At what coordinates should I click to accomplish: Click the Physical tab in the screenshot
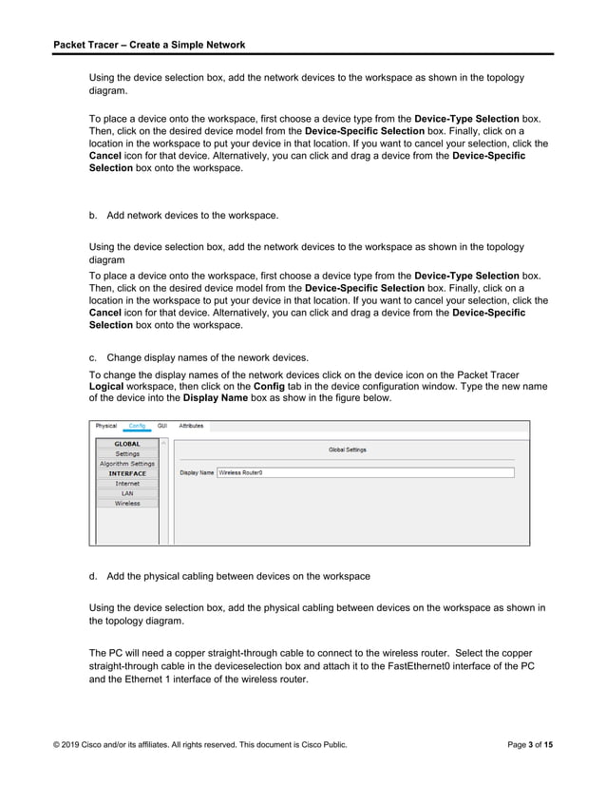coord(105,427)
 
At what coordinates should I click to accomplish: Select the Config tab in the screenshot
coord(137,427)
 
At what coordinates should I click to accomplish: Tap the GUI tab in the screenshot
coord(162,427)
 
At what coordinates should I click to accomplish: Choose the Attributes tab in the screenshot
coord(192,427)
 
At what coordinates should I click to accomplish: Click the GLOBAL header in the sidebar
coord(127,444)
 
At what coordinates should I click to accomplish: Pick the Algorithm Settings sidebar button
coord(127,464)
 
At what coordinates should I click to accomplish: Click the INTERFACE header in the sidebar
coord(127,473)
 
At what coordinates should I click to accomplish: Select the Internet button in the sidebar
coord(127,484)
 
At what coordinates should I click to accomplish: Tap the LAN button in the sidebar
coord(127,493)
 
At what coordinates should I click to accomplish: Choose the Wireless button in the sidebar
coord(127,504)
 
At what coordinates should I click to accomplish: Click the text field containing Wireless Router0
coord(365,472)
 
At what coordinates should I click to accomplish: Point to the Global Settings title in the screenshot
coord(347,450)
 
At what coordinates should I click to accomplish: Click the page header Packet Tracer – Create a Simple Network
coord(149,45)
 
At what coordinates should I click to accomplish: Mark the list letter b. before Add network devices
coord(93,216)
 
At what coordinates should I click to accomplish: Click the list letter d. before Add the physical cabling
coord(93,576)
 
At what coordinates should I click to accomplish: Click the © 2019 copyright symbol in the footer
coord(56,745)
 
